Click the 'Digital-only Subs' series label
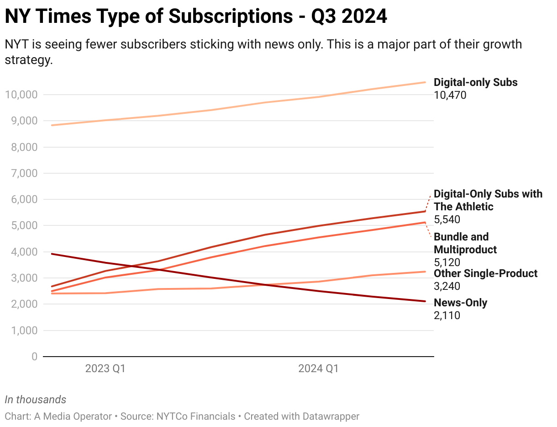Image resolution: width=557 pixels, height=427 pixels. pos(475,82)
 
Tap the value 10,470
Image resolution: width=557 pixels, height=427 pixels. pos(450,95)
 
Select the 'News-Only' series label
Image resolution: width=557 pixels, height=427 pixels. pos(460,303)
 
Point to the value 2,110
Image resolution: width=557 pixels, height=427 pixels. pos(447,315)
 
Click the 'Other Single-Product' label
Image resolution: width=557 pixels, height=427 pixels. pos(485,273)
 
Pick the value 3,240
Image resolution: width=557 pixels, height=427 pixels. pos(447,286)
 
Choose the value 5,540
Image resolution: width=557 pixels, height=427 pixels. pos(447,219)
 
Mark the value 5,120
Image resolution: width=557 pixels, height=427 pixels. pos(447,262)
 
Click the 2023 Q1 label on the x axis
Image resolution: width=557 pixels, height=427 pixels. pos(105,368)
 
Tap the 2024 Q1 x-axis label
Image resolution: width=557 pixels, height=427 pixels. pos(318,368)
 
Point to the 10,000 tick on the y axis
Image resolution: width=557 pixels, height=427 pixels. pos(21,95)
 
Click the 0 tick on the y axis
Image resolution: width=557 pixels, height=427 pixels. pos(34,357)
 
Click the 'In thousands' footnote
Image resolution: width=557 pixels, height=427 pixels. pos(35,400)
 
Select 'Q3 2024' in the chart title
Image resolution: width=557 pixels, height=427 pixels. pos(349,16)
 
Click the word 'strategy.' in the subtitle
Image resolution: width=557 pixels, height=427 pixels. pos(29,60)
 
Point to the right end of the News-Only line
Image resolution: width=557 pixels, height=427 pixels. pos(425,301)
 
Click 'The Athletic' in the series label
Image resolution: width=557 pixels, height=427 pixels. pos(463,207)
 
